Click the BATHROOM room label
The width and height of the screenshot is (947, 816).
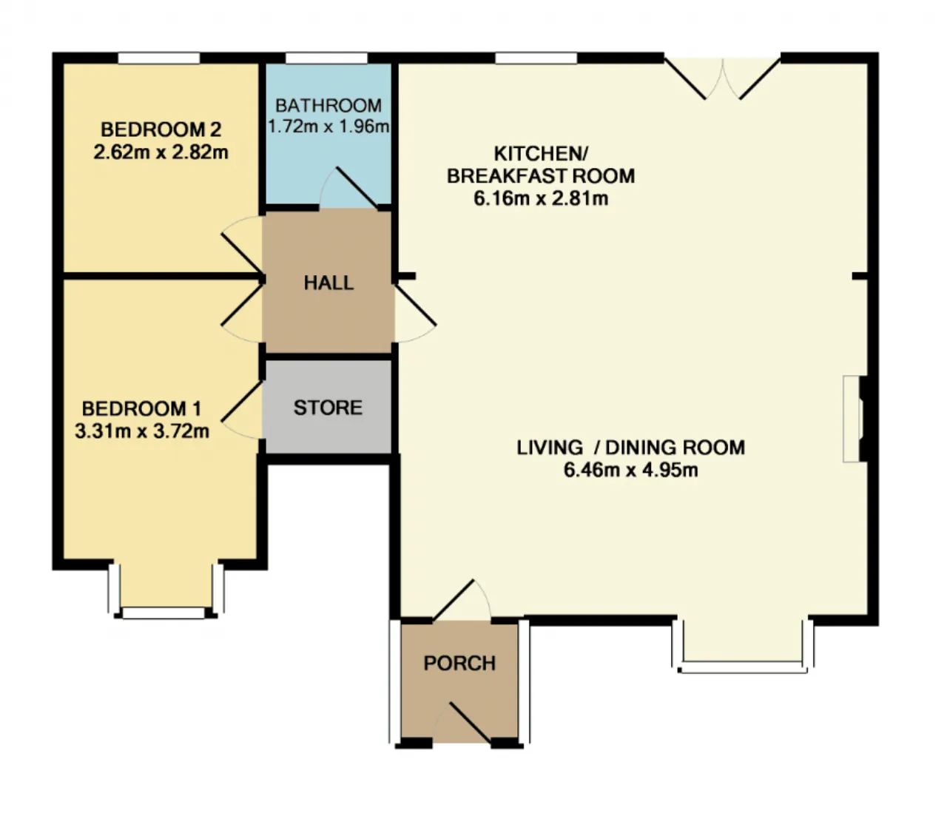point(328,106)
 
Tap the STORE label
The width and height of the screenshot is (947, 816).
point(328,408)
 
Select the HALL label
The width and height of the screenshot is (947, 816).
point(328,283)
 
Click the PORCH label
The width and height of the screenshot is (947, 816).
point(459,663)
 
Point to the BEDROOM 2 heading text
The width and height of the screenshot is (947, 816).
point(161,129)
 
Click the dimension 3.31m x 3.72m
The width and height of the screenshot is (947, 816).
point(142,431)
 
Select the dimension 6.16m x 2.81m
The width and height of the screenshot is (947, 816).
point(541,198)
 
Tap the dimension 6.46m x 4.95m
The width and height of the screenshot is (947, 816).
point(630,470)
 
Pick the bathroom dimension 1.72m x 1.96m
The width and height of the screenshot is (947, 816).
point(328,127)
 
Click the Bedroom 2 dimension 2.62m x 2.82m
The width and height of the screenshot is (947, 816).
point(161,152)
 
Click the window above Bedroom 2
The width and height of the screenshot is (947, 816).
point(159,58)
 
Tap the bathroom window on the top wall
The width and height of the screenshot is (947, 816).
point(327,58)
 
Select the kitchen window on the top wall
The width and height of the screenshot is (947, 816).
point(536,58)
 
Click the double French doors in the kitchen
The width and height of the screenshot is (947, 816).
point(723,78)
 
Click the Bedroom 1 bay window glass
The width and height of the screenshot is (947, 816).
point(164,613)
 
